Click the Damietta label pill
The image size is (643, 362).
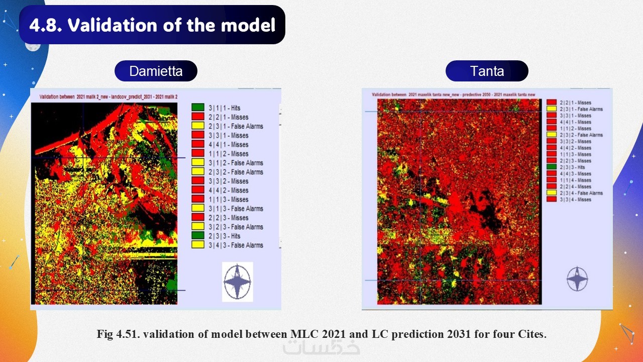click(x=156, y=71)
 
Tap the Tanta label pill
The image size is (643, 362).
click(x=487, y=71)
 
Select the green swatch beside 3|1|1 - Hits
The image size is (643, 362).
click(x=197, y=108)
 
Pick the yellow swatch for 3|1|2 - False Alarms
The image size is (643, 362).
click(x=197, y=163)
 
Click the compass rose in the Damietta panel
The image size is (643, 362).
click(x=237, y=282)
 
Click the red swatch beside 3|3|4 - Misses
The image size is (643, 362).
click(x=551, y=200)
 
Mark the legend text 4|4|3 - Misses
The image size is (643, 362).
click(x=576, y=173)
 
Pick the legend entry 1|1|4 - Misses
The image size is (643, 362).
click(x=576, y=180)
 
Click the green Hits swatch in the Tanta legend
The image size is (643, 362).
click(x=551, y=167)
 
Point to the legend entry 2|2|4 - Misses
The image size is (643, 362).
click(x=576, y=187)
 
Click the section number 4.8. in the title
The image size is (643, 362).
click(x=46, y=25)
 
